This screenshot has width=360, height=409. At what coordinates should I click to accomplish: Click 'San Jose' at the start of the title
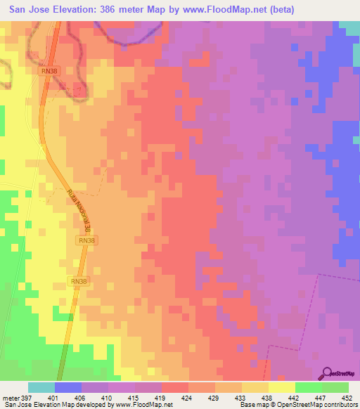pos(27,10)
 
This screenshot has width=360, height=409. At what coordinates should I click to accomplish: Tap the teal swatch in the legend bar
pos(41,387)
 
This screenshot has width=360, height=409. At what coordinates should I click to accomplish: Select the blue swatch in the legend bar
pos(68,387)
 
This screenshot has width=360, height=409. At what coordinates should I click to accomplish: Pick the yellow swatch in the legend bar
pos(282,387)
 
